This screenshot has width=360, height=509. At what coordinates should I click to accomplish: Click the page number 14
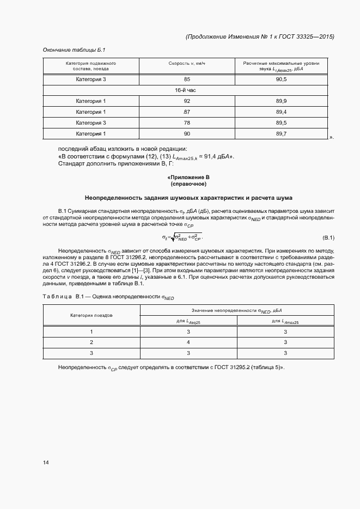click(46, 463)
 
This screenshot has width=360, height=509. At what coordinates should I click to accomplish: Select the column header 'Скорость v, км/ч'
click(187, 64)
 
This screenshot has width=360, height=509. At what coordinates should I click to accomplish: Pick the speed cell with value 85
click(187, 80)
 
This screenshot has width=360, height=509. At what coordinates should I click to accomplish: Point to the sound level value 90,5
click(281, 80)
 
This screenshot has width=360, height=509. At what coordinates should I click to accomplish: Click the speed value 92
click(187, 101)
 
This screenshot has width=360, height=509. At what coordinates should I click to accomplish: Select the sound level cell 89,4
click(281, 112)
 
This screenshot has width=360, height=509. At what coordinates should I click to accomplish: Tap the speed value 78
click(187, 123)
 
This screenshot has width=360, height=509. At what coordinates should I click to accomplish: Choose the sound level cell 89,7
click(281, 133)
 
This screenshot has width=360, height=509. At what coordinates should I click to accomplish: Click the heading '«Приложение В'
click(187, 178)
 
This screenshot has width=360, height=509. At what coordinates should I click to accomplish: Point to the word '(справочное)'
click(187, 185)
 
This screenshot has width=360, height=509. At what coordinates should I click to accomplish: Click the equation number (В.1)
click(328, 237)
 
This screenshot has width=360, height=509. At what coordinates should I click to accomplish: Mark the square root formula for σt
click(182, 237)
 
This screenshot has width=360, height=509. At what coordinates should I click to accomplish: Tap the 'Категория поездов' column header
click(91, 316)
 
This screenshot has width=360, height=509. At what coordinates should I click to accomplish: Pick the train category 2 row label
click(91, 342)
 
